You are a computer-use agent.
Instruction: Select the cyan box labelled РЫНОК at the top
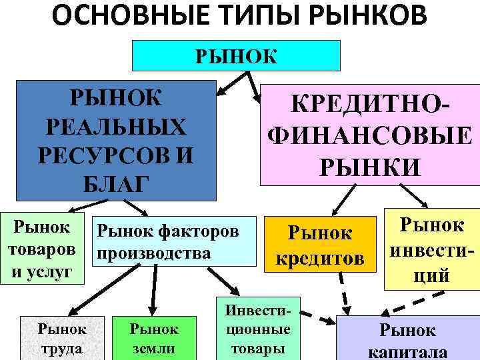236,55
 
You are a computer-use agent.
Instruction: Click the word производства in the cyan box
153,254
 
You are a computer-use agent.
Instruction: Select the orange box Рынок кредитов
317,245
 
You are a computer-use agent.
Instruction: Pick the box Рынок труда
62,338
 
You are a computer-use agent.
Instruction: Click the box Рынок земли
154,338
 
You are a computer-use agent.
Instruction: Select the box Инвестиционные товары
258,330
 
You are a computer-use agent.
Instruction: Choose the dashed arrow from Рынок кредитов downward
345,293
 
